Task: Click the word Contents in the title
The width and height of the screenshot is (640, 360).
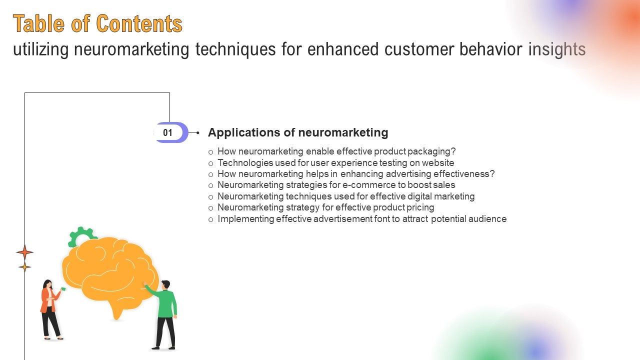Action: click(139, 23)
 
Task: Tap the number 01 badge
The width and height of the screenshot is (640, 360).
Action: click(168, 132)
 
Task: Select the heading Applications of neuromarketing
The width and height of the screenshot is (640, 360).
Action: click(298, 132)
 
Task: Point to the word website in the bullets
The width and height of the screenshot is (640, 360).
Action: click(438, 162)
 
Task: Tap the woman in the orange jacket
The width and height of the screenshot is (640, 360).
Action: click(50, 310)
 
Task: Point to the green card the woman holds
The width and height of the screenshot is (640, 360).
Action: click(63, 289)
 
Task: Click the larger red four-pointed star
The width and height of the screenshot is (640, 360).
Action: click(24, 252)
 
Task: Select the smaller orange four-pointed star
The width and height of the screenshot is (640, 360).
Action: click(24, 267)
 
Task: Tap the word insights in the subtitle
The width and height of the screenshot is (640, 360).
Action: click(557, 49)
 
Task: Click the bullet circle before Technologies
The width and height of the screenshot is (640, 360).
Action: click(211, 163)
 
